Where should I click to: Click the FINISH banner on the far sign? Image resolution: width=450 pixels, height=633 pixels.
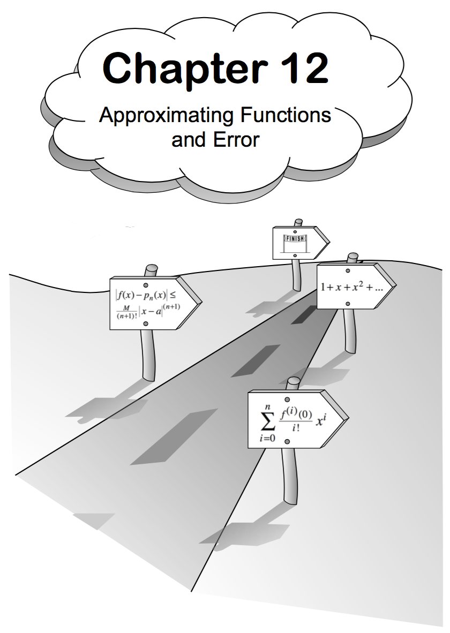[x=293, y=238]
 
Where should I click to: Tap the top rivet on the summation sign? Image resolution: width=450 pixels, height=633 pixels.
[x=287, y=400]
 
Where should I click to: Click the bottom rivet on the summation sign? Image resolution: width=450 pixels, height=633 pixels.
[x=287, y=441]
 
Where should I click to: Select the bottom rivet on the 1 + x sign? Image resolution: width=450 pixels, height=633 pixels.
[x=348, y=304]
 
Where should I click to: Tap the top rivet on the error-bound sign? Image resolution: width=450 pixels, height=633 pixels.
[x=146, y=285]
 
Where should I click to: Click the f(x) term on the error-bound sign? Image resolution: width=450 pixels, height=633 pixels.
[x=126, y=294]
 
